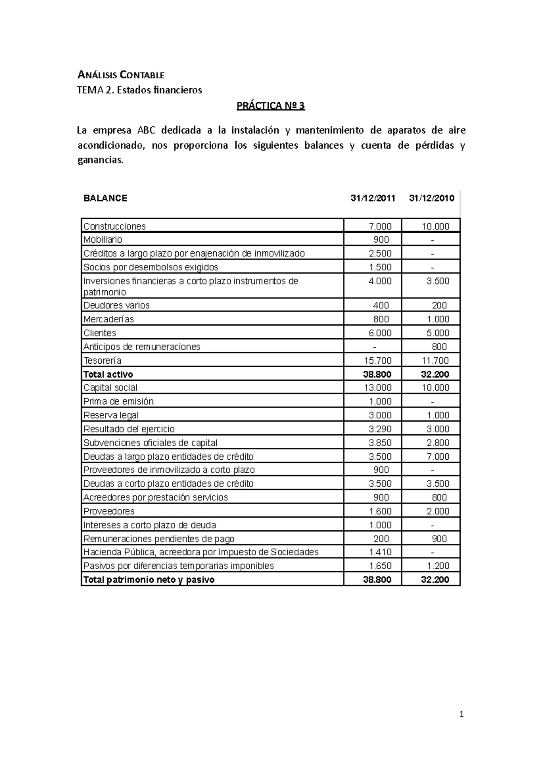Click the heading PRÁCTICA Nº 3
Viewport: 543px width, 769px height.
[271, 106]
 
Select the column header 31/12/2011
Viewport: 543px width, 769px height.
[372, 198]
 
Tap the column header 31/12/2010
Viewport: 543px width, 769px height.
[431, 198]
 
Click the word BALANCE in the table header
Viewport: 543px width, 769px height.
[105, 198]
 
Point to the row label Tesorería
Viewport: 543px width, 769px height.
[102, 361]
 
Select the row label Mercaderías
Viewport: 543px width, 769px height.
[109, 319]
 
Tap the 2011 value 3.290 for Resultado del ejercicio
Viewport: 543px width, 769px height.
[380, 429]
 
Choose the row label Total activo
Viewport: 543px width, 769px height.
[108, 375]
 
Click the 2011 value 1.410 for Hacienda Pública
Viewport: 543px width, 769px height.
[380, 552]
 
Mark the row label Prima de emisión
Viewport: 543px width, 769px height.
[119, 402]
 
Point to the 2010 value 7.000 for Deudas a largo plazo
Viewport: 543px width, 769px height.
[438, 457]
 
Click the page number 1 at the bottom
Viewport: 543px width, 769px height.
[462, 715]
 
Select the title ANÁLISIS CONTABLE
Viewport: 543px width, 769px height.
[121, 75]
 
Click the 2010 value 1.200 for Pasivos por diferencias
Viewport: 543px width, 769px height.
[438, 566]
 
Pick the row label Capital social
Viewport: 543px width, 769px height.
[110, 388]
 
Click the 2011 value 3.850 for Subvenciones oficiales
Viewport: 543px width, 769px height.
[380, 443]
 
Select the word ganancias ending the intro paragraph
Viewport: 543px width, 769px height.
[100, 160]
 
